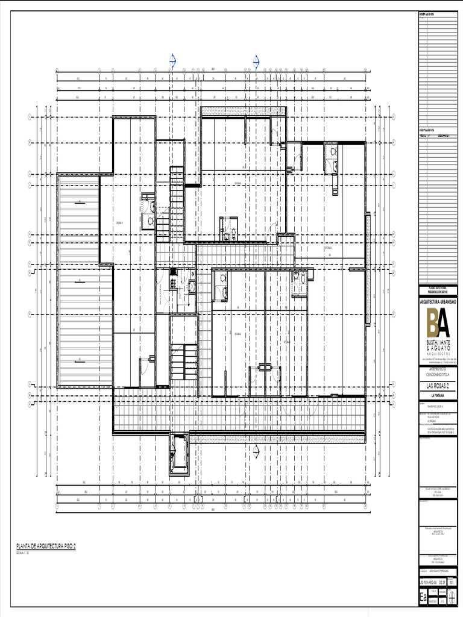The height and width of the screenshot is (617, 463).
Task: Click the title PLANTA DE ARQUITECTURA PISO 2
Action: pyautogui.click(x=46, y=546)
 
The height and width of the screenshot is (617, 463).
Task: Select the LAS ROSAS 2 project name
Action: pyautogui.click(x=438, y=386)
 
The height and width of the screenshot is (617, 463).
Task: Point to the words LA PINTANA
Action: pyautogui.click(x=438, y=396)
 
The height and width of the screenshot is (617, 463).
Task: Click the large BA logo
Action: pyautogui.click(x=438, y=324)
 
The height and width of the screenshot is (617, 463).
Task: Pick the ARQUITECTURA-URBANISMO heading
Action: pyautogui.click(x=438, y=301)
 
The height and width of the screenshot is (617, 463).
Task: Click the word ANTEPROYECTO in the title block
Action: pyautogui.click(x=438, y=369)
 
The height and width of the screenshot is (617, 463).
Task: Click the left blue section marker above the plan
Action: pyautogui.click(x=172, y=60)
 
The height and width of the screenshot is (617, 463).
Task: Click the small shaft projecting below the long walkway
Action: pyautogui.click(x=179, y=456)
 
